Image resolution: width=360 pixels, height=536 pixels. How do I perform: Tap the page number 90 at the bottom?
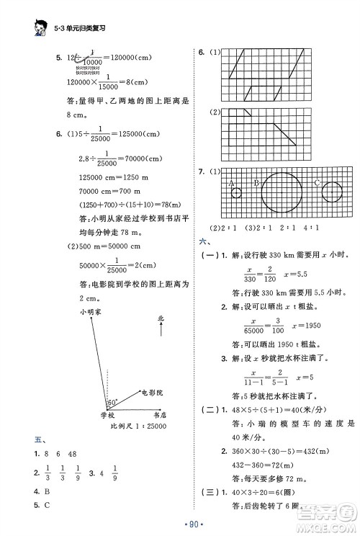coord(179,524)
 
